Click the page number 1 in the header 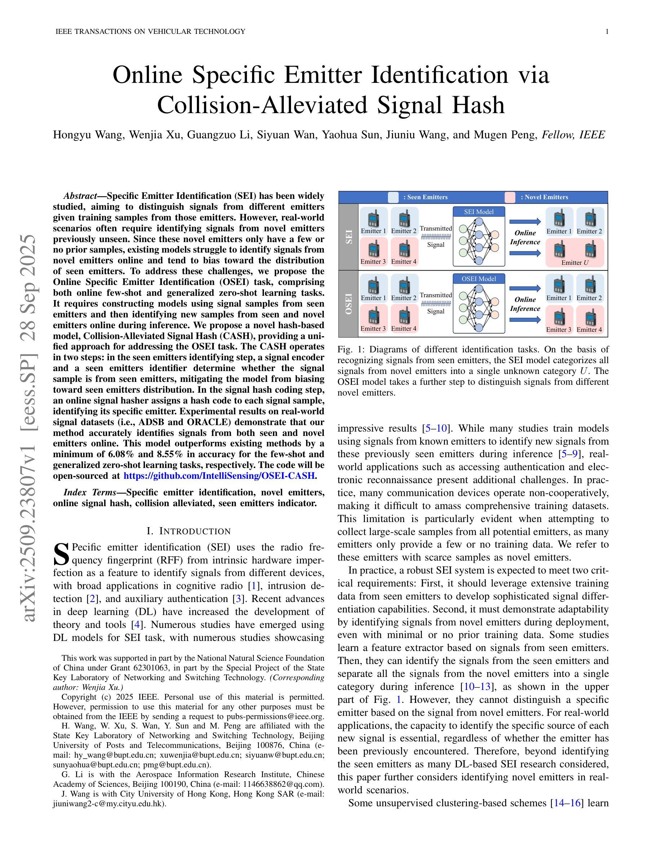click(x=607, y=32)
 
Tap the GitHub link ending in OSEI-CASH click(x=219, y=476)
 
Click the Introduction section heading click(x=189, y=531)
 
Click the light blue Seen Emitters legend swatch click(x=393, y=197)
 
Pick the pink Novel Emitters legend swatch click(x=510, y=197)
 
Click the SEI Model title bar click(x=478, y=211)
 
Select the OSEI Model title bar click(x=478, y=279)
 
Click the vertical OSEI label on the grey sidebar click(x=348, y=304)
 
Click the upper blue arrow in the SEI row click(x=525, y=222)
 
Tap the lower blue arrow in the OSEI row click(x=525, y=320)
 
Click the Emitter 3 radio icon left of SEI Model click(x=373, y=249)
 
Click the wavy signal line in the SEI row click(x=436, y=236)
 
